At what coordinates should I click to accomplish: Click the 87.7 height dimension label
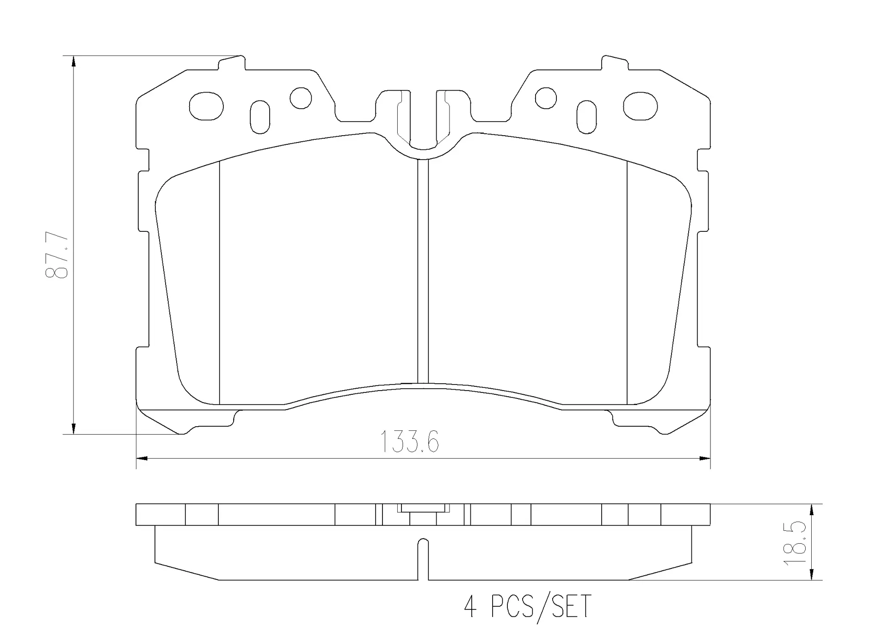click(57, 256)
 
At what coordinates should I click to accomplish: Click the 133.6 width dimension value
click(409, 442)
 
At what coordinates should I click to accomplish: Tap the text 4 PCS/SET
click(528, 606)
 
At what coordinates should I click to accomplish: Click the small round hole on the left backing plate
click(301, 98)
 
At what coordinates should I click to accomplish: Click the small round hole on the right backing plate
click(545, 98)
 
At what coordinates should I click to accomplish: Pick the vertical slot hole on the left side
click(259, 117)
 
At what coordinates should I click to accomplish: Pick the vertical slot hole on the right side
click(586, 117)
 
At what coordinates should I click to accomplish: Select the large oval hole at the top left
click(206, 106)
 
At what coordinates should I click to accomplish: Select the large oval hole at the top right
click(640, 106)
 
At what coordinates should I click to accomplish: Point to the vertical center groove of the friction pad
click(423, 271)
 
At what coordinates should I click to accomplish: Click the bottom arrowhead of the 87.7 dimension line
click(74, 429)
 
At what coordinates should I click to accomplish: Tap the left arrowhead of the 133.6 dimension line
click(142, 459)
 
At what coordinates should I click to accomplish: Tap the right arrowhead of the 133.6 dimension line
click(704, 459)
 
